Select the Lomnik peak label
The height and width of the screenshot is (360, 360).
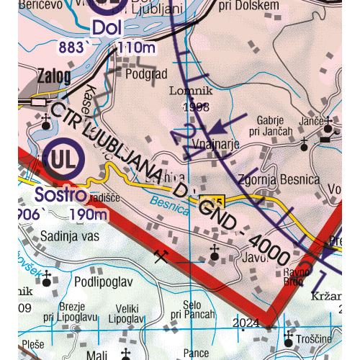pos(186,91)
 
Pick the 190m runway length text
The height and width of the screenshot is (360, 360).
pos(90,215)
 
